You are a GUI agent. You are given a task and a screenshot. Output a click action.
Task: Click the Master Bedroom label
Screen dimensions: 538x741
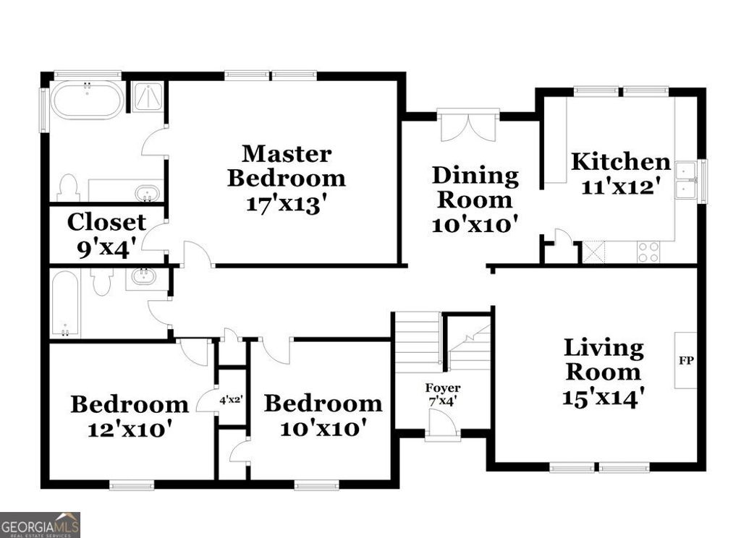coord(286,165)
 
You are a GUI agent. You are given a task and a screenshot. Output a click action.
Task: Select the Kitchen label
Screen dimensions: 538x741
coord(620,161)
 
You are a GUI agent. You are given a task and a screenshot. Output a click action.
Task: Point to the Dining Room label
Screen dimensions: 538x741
coord(475,187)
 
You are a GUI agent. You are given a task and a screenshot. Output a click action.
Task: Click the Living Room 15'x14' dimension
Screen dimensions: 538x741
coord(604,397)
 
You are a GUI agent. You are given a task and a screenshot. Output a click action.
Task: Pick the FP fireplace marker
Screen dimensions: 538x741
coord(685,360)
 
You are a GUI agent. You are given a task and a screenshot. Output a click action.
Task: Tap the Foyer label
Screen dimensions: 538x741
coord(442,388)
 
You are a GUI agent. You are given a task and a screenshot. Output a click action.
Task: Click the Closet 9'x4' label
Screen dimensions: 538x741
coord(106,235)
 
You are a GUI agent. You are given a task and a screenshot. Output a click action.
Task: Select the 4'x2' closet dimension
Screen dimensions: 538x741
coord(232,398)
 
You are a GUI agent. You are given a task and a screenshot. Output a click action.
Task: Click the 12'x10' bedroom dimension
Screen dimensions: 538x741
coord(130,429)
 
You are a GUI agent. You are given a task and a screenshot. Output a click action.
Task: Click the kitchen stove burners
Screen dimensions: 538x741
coord(648,252)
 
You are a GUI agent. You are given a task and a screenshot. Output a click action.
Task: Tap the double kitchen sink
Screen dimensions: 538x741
coord(685,179)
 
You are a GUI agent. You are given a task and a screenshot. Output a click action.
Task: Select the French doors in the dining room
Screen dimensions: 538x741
coord(468,126)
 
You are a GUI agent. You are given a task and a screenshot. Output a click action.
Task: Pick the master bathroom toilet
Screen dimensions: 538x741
coord(68,187)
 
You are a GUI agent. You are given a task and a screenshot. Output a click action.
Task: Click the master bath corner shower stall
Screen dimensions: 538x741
coord(148,97)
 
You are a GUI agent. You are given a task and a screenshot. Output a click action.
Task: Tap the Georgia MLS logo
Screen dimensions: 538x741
coord(40,524)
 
